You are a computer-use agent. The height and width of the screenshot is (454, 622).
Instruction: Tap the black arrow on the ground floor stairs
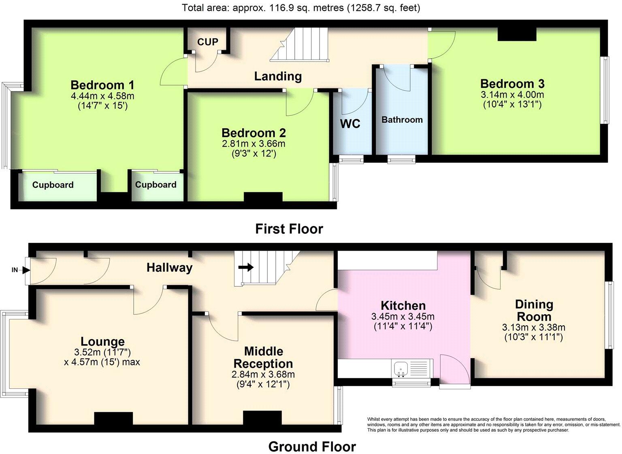coord(246,267)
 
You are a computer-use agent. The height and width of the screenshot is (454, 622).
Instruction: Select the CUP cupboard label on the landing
coord(208,42)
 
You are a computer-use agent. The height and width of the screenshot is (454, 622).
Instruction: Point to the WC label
coord(350,124)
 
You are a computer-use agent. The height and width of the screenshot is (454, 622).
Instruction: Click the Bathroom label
coord(402,120)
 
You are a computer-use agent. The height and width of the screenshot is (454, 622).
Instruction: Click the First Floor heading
coord(289,229)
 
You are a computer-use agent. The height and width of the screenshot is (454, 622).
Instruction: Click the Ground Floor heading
coord(312,447)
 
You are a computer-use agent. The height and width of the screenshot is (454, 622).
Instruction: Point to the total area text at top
coord(301,7)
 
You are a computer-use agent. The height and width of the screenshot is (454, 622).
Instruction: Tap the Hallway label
coord(169,267)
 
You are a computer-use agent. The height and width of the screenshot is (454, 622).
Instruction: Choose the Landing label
coord(278,76)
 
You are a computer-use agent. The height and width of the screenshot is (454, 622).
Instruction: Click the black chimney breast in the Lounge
coord(113,418)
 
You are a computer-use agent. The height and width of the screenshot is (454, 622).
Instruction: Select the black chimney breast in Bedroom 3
coord(517,34)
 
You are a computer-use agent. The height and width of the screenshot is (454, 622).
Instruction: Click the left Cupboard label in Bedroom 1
coord(53,185)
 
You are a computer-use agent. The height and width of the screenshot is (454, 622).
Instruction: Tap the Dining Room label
coord(534,310)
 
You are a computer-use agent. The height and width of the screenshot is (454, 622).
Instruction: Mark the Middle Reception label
coord(263,357)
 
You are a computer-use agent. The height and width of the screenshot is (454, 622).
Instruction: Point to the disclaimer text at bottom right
coord(493,424)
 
